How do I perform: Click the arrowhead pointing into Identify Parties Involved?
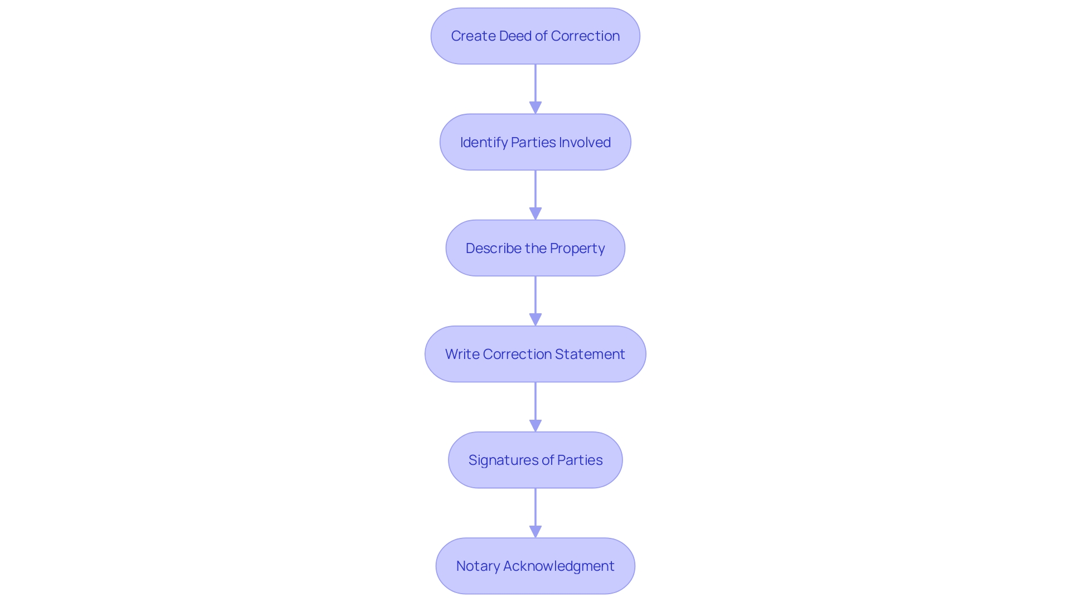tap(535, 108)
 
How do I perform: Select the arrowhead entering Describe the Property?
tap(535, 213)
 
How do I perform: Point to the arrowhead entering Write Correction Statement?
tap(535, 319)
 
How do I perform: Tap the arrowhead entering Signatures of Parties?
tap(535, 425)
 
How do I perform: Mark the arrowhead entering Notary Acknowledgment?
tap(535, 531)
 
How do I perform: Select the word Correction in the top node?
tap(585, 36)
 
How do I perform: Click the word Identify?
tap(484, 143)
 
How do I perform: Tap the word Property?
tap(577, 249)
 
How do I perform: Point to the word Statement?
tap(590, 354)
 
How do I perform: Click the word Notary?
tap(477, 566)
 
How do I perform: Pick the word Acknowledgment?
tap(559, 566)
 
